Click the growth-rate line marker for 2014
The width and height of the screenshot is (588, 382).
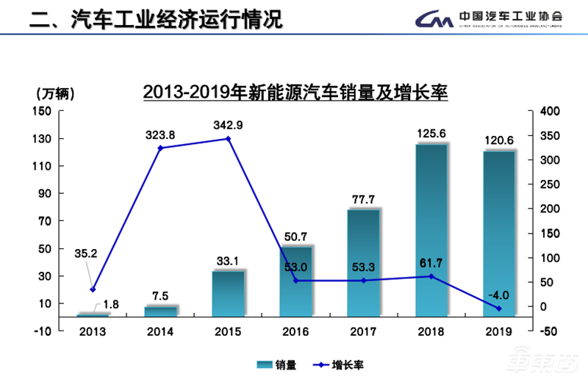[161, 148]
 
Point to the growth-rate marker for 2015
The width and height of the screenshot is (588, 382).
[228, 139]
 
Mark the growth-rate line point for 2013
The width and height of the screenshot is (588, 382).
[93, 289]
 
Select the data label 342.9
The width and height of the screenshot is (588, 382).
[228, 124]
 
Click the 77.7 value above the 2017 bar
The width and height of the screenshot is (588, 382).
[363, 198]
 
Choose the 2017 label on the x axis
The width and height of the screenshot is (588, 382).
[363, 331]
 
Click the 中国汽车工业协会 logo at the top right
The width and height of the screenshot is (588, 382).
[489, 18]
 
